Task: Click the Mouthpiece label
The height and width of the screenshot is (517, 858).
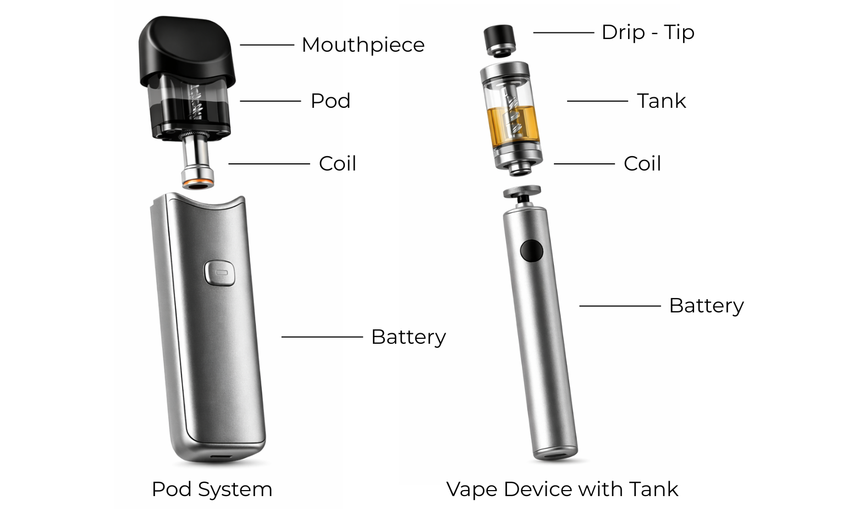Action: [x=363, y=45]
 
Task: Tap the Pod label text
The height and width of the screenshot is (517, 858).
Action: [x=330, y=101]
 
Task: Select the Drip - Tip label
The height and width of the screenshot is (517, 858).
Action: [x=647, y=32]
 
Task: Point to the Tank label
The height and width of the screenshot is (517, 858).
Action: [x=661, y=101]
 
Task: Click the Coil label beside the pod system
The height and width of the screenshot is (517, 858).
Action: [x=337, y=164]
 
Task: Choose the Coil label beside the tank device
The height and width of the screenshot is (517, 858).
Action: [x=642, y=164]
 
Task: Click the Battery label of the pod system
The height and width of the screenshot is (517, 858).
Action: [x=408, y=337]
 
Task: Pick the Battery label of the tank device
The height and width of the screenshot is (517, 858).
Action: [x=706, y=306]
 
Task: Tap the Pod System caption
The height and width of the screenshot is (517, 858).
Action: [x=212, y=490]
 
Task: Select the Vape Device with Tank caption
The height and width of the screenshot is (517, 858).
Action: [x=562, y=490]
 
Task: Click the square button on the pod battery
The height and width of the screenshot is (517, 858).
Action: [x=220, y=272]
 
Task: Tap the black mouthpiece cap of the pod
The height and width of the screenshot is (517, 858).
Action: [x=187, y=50]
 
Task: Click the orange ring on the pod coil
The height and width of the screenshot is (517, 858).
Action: [x=198, y=181]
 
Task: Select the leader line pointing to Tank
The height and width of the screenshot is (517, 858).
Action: [x=597, y=101]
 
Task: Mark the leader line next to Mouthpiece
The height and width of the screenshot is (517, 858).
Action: [x=267, y=45]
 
